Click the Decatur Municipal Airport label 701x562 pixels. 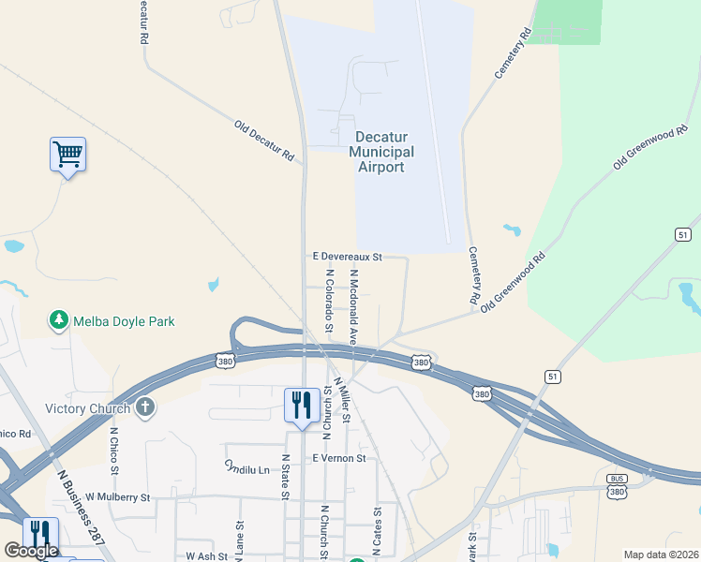point(381,152)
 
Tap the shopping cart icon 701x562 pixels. point(67,154)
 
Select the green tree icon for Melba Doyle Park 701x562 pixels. point(59,321)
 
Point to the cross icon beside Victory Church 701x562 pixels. point(144,407)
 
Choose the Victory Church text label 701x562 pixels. point(89,408)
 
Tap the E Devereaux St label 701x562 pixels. point(347,256)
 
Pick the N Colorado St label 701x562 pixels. point(329,302)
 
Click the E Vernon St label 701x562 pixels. point(339,458)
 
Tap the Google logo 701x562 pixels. point(31,551)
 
